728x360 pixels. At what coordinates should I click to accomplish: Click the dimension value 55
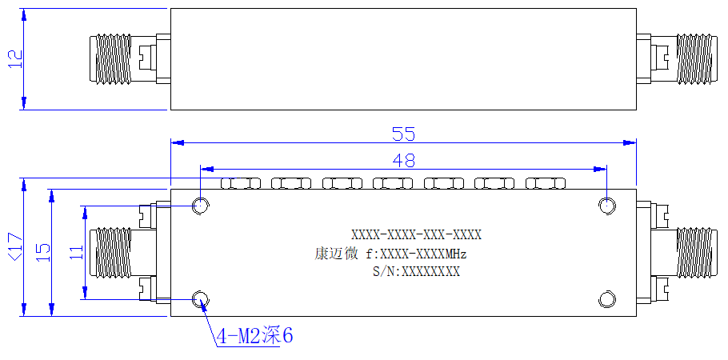pyautogui.click(x=403, y=134)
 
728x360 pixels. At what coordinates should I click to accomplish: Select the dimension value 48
pyautogui.click(x=403, y=160)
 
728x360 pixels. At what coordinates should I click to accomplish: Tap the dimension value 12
pyautogui.click(x=15, y=59)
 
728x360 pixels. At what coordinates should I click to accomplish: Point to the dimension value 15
pyautogui.click(x=42, y=252)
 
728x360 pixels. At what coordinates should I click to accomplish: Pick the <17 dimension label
pyautogui.click(x=15, y=247)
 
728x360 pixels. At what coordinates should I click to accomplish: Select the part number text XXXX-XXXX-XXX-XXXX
pyautogui.click(x=416, y=235)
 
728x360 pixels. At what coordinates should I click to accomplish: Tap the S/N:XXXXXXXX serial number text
pyautogui.click(x=416, y=272)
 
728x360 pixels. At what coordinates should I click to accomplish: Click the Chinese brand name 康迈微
pyautogui.click(x=336, y=254)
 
